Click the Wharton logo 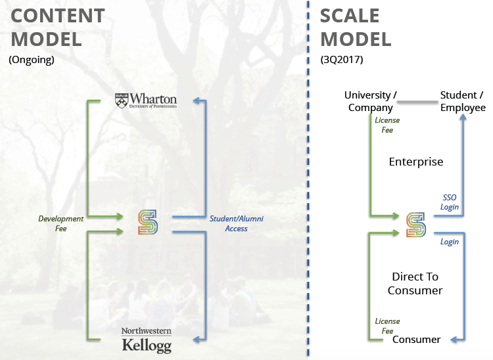pyautogui.click(x=145, y=101)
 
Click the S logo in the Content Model pyautogui.click(x=148, y=223)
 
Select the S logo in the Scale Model pyautogui.click(x=415, y=223)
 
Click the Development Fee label pyautogui.click(x=61, y=223)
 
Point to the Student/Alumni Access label pyautogui.click(x=237, y=223)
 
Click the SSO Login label pyautogui.click(x=449, y=202)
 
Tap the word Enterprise pyautogui.click(x=416, y=162)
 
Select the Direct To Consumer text pyautogui.click(x=415, y=283)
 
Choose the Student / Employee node pyautogui.click(x=463, y=101)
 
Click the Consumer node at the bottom pyautogui.click(x=416, y=339)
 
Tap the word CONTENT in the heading pyautogui.click(x=56, y=16)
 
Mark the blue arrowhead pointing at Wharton pyautogui.click(x=195, y=101)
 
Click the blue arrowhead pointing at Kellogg pyautogui.click(x=195, y=340)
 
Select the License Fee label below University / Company pyautogui.click(x=387, y=125)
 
